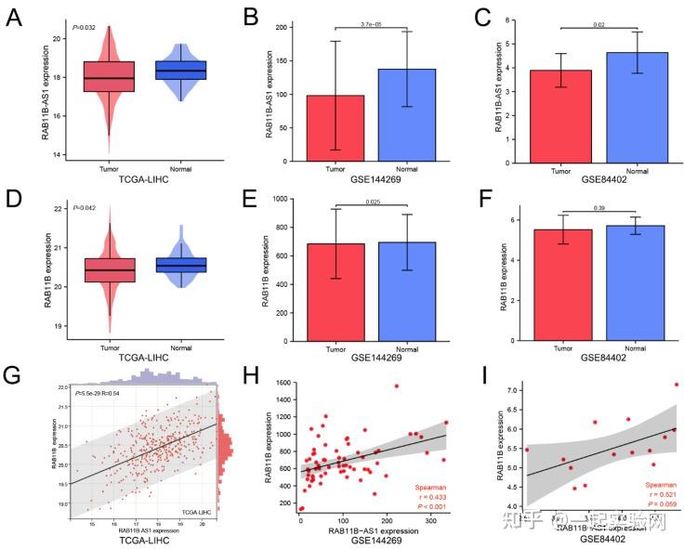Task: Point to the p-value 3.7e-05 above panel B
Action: pyautogui.click(x=369, y=25)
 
